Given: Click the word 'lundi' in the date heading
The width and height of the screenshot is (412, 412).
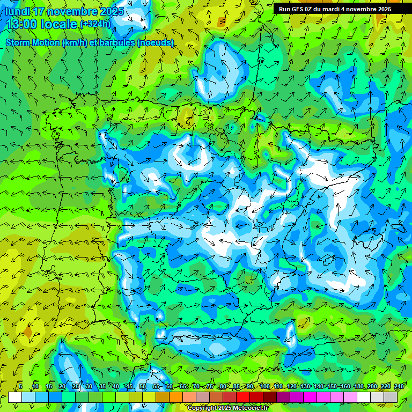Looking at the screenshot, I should (18, 11).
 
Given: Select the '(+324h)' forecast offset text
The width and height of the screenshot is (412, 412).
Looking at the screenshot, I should (95, 24).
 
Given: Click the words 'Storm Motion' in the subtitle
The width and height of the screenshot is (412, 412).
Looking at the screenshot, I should (32, 42).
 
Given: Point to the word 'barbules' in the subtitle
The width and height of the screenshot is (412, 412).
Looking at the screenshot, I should (117, 42).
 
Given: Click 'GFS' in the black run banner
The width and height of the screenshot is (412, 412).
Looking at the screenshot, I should (298, 9).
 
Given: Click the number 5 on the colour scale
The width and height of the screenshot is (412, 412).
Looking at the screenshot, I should (20, 386).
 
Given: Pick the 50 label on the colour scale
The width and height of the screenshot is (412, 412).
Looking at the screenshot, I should (143, 386).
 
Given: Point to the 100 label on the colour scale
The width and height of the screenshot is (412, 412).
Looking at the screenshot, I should (264, 386).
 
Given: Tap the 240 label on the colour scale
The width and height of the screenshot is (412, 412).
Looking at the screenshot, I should (399, 386).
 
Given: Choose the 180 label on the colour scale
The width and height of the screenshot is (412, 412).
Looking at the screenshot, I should (358, 386).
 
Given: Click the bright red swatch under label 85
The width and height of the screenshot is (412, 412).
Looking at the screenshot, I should (243, 398).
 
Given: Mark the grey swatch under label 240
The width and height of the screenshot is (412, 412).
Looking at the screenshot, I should (391, 398).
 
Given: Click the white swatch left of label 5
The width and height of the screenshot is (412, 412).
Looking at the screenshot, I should (15, 398).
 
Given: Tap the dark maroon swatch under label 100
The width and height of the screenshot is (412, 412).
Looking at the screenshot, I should (270, 398).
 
